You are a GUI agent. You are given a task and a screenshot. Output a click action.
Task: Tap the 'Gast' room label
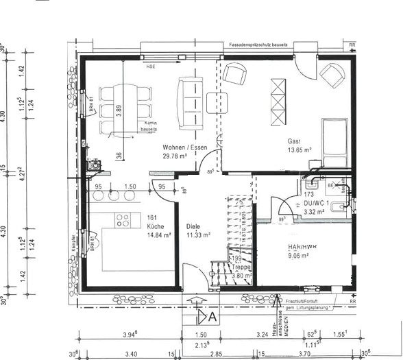tap(295, 141)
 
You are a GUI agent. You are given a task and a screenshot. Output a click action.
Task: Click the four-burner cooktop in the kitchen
tap(123, 220)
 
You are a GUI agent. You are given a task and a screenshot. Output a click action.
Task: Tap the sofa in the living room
tap(188, 103)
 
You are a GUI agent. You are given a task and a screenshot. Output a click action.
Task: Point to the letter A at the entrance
tap(212, 317)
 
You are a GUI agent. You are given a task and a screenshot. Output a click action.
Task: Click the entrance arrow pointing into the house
tap(195, 301)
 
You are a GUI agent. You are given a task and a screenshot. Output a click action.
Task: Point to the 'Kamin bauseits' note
tap(149, 125)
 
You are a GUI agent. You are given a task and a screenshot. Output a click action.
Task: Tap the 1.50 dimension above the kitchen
tap(130, 186)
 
